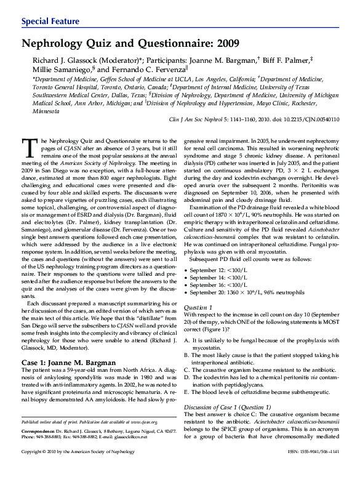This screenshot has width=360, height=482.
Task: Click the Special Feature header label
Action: click(x=50, y=22)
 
